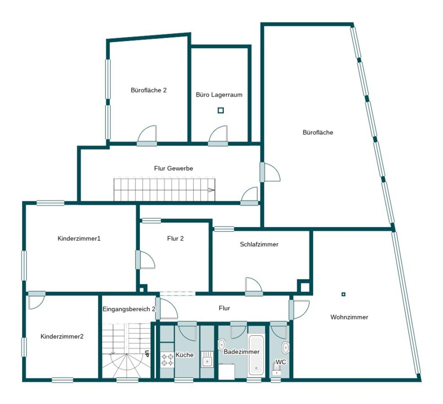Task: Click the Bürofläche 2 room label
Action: tap(148, 90)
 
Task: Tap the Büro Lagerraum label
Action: tap(219, 95)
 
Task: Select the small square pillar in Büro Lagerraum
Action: tap(221, 111)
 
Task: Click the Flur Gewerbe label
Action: tap(174, 168)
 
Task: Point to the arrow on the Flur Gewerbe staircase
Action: tap(211, 190)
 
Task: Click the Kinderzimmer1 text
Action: tap(79, 238)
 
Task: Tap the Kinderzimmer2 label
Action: tap(62, 336)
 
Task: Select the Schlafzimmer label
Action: tap(259, 244)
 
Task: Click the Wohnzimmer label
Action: tap(349, 317)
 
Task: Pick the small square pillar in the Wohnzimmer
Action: tap(343, 294)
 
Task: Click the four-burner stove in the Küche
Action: tap(167, 360)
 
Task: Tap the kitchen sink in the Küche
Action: tap(207, 360)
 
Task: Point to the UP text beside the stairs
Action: tap(147, 353)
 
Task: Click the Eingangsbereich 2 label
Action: tap(129, 309)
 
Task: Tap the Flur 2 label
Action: tap(175, 238)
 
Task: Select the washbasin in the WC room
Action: tap(285, 348)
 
